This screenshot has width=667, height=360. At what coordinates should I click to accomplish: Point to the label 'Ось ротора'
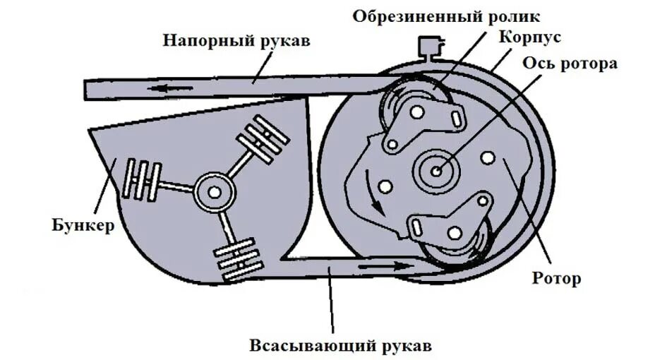[570, 63]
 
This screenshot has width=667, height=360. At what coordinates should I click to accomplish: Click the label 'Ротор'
[557, 278]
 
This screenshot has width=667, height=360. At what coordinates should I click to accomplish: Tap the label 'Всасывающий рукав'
[339, 347]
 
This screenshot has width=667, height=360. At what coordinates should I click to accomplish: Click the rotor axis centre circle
[437, 170]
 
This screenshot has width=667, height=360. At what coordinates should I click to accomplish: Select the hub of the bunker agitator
[212, 191]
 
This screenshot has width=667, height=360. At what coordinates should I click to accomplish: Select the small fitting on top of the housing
[428, 47]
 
